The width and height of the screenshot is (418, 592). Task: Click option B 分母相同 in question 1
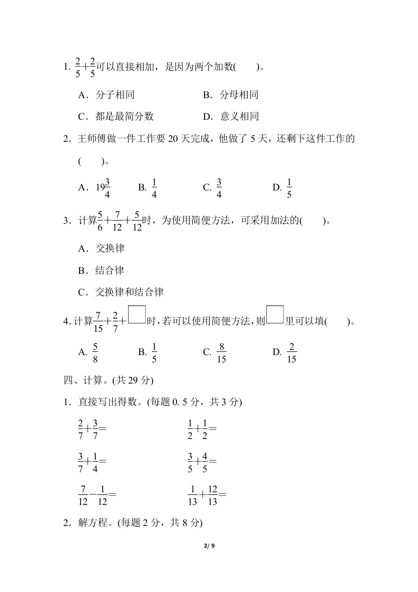point(230,95)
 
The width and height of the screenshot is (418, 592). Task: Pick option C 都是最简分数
point(115,117)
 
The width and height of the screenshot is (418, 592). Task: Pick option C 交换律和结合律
point(120,292)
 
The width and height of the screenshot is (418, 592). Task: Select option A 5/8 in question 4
point(89,352)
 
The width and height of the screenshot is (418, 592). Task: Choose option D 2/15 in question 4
point(286,352)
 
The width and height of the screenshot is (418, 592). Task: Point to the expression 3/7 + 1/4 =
point(92,461)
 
